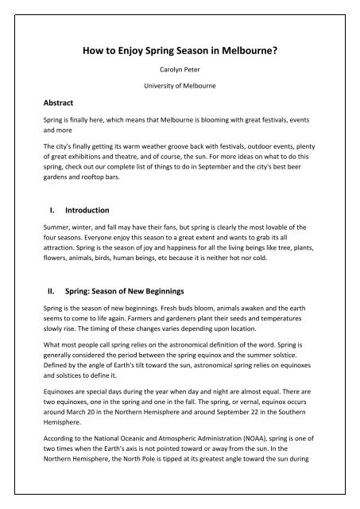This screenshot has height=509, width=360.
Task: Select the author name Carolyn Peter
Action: click(x=180, y=80)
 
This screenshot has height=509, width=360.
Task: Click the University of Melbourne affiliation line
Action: click(x=179, y=102)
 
